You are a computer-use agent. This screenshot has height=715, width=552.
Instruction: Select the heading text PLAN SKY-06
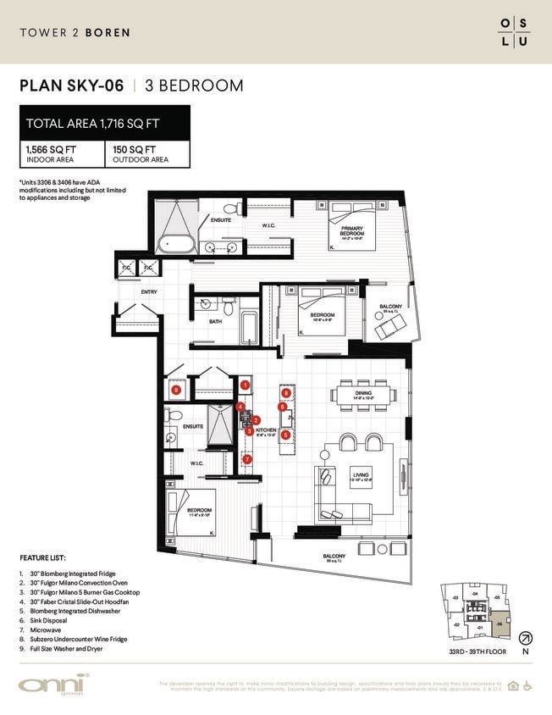(71, 86)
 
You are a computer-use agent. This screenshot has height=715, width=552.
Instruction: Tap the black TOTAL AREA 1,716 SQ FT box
(104, 124)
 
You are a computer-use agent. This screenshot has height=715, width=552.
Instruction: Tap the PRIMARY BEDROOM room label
(352, 230)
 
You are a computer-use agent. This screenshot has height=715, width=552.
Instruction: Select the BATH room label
(215, 321)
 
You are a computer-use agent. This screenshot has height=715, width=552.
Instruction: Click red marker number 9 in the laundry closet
(176, 391)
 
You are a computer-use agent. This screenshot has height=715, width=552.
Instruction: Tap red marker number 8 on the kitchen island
(286, 393)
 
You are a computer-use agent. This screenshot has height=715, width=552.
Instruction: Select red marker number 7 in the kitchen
(247, 459)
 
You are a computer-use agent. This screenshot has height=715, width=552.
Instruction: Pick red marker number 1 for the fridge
(245, 385)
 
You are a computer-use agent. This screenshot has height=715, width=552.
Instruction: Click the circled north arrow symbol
(524, 637)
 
